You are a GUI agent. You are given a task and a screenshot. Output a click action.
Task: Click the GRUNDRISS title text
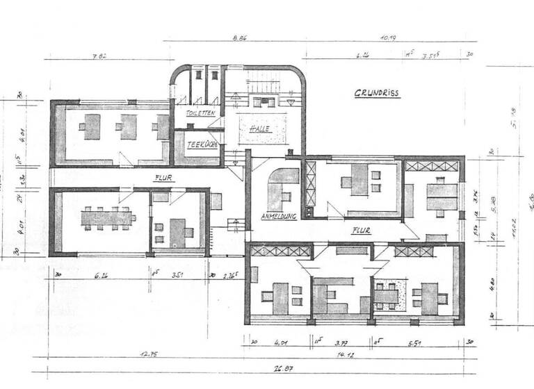pyautogui.click(x=376, y=92)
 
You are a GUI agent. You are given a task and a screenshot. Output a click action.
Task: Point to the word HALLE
pyautogui.click(x=261, y=129)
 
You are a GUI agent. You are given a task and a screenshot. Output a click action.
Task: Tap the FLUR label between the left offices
pyautogui.click(x=163, y=177)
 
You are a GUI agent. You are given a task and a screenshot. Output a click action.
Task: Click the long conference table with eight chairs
pyautogui.click(x=107, y=218)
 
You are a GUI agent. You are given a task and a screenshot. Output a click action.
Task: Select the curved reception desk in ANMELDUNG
pyautogui.click(x=280, y=188)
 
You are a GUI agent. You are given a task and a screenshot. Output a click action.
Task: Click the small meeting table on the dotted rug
pyautogui.click(x=387, y=294)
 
